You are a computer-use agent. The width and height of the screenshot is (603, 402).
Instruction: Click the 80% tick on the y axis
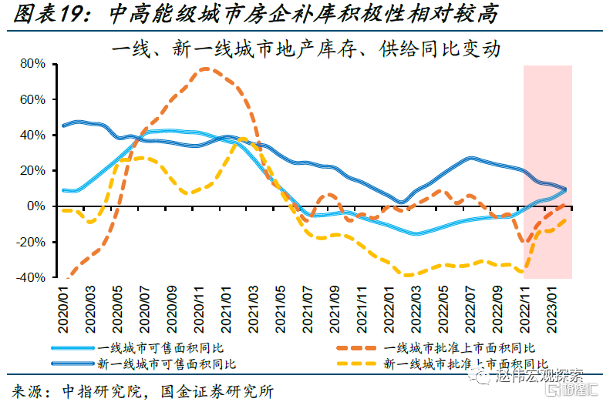tap(35, 64)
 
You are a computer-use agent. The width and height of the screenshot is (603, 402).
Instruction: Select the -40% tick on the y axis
tap(33, 277)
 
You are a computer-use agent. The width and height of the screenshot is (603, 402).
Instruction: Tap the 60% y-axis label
tap(35, 99)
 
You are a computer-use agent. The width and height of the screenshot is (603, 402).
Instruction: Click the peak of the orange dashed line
tap(204, 69)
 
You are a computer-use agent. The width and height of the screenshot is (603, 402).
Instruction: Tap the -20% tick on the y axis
tap(33, 242)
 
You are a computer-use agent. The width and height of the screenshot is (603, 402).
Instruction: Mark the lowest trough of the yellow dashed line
tap(407, 275)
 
